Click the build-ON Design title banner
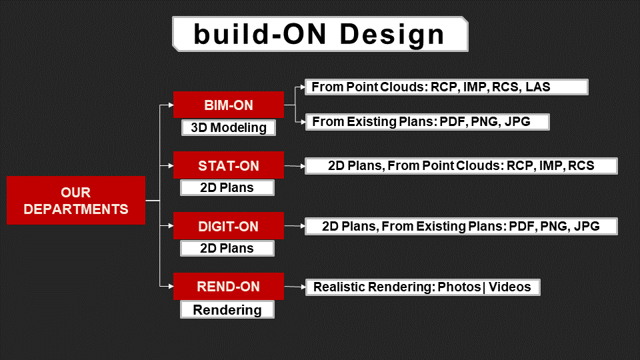[320, 34]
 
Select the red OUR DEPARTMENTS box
[76, 201]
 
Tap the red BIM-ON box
[229, 105]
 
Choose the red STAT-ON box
[229, 165]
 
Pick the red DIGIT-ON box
[229, 226]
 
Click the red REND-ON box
[229, 286]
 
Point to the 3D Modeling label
[229, 127]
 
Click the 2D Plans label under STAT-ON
[227, 188]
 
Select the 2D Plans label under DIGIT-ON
[227, 248]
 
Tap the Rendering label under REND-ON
[227, 310]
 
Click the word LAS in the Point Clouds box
[537, 87]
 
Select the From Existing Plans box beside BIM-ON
[427, 122]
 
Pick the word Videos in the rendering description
[510, 287]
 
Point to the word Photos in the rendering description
[459, 287]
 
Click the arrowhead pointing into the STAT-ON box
[171, 166]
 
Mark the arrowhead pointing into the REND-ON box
[171, 286]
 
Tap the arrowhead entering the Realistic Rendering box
[303, 287]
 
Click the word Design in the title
[392, 34]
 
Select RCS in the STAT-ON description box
[581, 166]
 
